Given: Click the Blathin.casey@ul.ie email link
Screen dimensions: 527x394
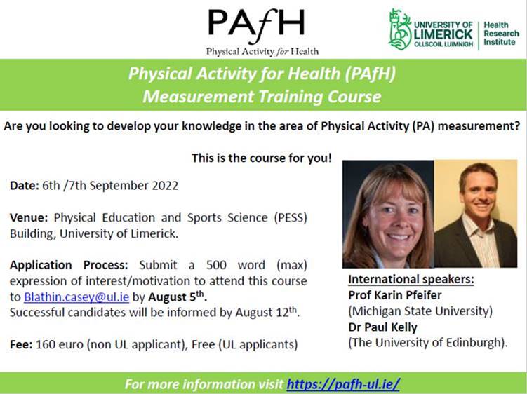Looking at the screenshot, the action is click(76, 297).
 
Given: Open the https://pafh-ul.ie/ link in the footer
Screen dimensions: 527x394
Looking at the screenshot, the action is click(343, 384).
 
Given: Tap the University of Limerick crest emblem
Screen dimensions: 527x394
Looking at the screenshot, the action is click(400, 29).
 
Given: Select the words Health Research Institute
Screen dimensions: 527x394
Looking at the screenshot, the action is click(501, 34).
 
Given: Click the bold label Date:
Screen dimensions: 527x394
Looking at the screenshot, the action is click(25, 186).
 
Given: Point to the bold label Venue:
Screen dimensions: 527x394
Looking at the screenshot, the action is click(29, 217).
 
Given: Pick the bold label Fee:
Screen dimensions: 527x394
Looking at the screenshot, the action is click(21, 344).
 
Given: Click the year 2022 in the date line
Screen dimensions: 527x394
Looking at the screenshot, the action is click(165, 186).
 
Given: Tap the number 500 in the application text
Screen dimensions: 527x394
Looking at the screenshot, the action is click(216, 265).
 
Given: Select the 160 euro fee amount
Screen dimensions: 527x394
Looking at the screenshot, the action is click(60, 344).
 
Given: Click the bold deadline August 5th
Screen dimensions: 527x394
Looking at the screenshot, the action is click(177, 297).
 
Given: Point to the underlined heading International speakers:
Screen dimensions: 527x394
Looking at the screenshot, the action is click(411, 279).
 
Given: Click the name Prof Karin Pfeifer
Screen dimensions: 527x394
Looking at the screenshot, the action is click(395, 295).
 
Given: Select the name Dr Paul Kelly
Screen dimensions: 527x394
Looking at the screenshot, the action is click(383, 327).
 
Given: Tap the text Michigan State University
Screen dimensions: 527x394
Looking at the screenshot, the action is click(420, 311).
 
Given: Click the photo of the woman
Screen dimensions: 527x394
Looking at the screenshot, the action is click(388, 214).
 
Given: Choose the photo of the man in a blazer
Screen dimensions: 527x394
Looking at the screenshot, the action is click(476, 214).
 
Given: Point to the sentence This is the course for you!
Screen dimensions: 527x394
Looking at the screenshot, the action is click(262, 158).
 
